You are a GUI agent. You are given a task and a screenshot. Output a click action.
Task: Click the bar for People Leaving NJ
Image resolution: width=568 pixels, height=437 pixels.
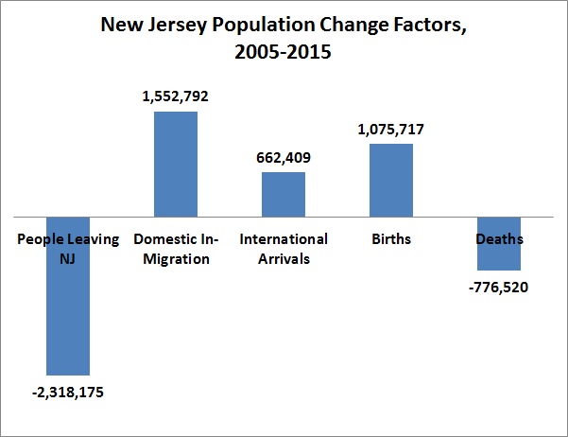68,312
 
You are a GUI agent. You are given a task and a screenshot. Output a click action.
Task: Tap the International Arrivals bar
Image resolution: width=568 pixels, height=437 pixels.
284,195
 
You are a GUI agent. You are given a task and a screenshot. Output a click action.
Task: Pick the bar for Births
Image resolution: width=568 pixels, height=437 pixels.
391,181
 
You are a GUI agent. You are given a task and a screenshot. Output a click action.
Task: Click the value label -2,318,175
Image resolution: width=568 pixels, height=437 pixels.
68,392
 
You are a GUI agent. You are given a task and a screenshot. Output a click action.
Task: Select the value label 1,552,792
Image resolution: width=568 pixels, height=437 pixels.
176,96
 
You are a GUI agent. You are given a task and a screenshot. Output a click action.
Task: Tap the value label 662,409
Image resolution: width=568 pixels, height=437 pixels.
284,157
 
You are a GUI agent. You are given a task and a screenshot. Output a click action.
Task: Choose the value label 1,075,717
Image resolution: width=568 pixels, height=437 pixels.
391,129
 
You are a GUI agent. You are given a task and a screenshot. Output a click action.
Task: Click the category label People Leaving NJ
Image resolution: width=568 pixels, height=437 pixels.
68,249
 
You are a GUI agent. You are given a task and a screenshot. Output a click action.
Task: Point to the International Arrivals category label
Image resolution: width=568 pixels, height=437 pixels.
284,249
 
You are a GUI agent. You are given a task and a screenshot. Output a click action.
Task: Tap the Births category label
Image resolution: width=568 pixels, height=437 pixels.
391,239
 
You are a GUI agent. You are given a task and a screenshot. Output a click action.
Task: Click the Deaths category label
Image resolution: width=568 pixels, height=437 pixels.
499,239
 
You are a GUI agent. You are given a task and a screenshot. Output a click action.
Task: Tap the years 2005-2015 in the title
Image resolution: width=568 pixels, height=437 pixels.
284,53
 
